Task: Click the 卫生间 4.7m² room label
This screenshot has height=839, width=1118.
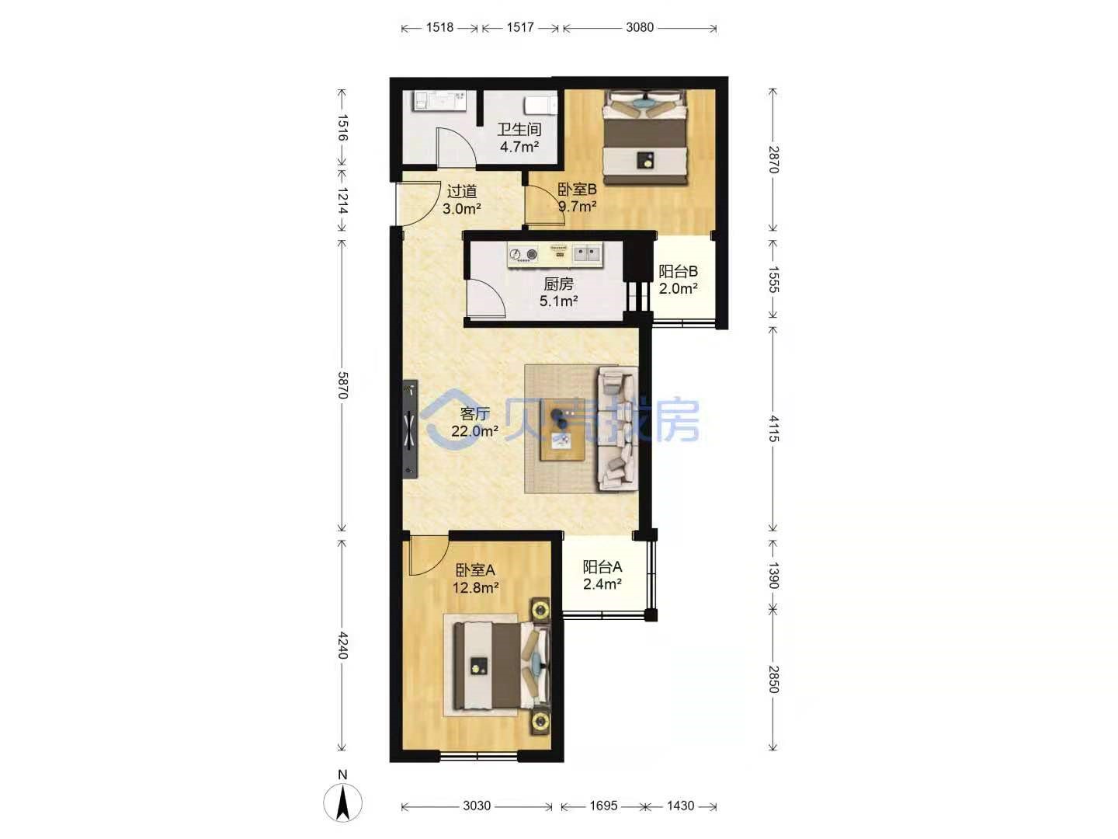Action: [x=519, y=138]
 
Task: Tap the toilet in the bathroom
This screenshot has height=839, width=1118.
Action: [x=540, y=106]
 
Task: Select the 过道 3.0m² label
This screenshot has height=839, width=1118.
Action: [x=462, y=200]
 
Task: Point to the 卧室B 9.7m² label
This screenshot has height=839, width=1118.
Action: [x=577, y=197]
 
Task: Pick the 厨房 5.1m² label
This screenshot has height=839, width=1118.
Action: [x=558, y=292]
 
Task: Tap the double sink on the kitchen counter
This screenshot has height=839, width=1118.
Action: [x=587, y=253]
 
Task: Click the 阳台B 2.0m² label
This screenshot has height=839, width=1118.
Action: [x=678, y=280]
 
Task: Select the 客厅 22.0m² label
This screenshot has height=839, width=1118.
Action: [x=474, y=422]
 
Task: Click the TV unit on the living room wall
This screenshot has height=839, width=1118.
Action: [x=410, y=429]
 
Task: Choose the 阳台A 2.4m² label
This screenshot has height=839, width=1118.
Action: [x=602, y=575]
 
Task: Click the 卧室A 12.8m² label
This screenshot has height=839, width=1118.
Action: [x=475, y=579]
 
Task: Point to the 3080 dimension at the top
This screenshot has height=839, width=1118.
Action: [x=640, y=27]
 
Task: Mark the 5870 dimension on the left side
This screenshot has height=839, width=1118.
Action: [x=343, y=385]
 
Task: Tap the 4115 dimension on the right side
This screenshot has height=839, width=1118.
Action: [x=773, y=428]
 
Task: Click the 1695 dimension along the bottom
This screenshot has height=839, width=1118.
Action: [x=603, y=806]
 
